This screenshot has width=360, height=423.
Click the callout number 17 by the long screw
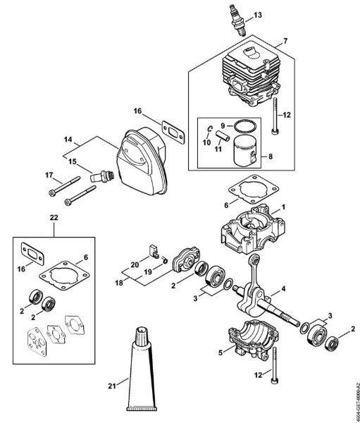coord(49,176)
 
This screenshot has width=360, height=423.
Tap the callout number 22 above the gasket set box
coord(55,217)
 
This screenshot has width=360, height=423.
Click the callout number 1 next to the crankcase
coord(283,207)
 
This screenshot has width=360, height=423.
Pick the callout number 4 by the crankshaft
coord(283,288)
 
